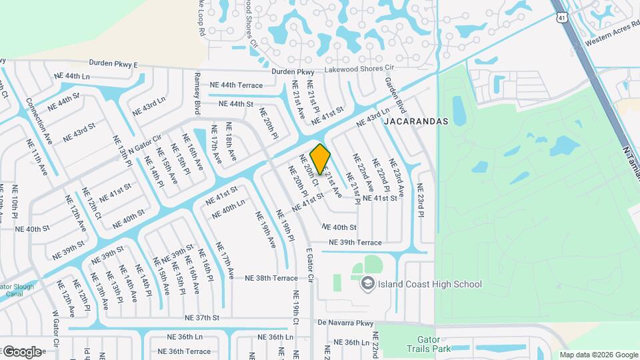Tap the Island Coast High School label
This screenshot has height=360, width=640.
[x=429, y=285]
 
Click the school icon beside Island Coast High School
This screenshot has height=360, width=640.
[x=367, y=285]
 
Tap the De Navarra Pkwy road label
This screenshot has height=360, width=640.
[x=346, y=323]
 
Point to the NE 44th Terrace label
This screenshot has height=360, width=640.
[x=237, y=85]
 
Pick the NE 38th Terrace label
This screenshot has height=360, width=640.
[x=271, y=278]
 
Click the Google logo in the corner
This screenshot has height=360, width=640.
[x=21, y=351]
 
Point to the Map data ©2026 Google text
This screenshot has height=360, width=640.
[x=597, y=355]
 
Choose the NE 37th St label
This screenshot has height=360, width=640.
[x=202, y=318]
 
